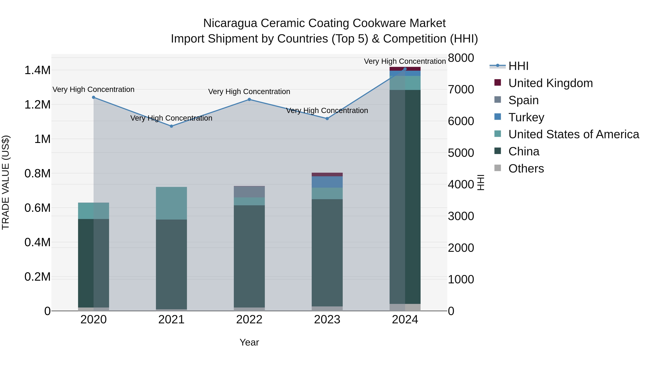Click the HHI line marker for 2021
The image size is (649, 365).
[x=171, y=126]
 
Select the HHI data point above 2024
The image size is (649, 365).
[x=405, y=69]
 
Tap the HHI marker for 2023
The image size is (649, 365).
[x=327, y=118]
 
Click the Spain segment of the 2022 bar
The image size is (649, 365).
[x=249, y=192]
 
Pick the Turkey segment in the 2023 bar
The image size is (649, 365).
[x=327, y=182]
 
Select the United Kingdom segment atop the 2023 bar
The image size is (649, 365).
[x=327, y=174]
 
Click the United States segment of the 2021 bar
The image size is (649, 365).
[x=171, y=203]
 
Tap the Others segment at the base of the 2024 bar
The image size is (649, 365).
[x=405, y=307]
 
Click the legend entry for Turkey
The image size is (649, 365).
[x=526, y=117]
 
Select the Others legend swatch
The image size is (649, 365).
[x=498, y=168]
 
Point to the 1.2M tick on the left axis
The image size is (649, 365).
[x=37, y=105]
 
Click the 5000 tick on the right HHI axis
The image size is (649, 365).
[x=461, y=153]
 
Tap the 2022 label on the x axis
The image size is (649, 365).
[x=249, y=320]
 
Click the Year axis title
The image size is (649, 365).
[x=249, y=342]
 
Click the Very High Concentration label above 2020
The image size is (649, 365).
[x=93, y=89]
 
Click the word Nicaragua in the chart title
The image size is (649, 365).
[x=230, y=23]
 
